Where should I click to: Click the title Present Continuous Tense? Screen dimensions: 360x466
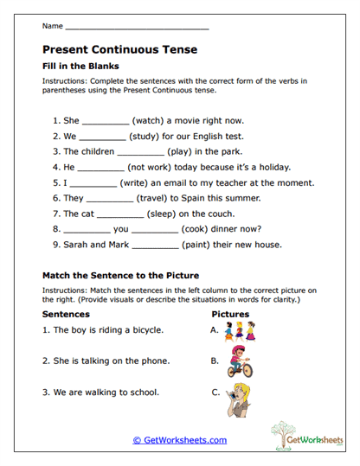pos(119,49)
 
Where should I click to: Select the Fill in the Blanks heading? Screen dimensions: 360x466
pos(80,66)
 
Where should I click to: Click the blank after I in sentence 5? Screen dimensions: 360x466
pos(92,184)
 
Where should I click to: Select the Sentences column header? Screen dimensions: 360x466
pos(66,314)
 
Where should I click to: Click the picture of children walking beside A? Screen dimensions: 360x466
pos(238,330)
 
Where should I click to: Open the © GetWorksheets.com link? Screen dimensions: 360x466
pos(179,440)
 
